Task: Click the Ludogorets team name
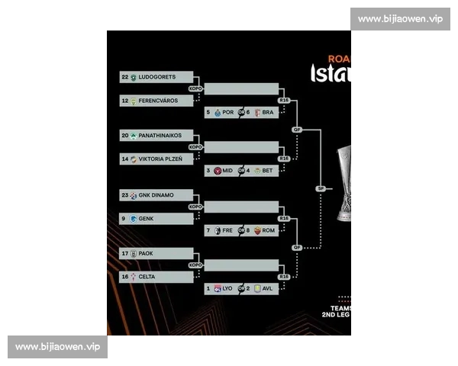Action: [157, 77]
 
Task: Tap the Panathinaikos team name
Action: [160, 135]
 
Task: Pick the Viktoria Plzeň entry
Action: [160, 159]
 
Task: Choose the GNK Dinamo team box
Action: [156, 195]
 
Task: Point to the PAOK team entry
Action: [147, 254]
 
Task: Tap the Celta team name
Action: [147, 278]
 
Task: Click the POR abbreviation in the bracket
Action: [227, 112]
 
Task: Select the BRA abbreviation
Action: [267, 112]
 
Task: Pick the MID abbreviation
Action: [227, 171]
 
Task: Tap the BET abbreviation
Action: [267, 171]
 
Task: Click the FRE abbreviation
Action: [227, 230]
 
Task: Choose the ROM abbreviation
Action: [268, 230]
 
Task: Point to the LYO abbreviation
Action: [227, 289]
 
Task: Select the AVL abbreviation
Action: [267, 289]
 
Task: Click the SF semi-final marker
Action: [321, 188]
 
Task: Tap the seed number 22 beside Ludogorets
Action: [124, 77]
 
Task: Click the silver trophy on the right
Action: [343, 183]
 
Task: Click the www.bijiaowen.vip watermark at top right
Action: [400, 19]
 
